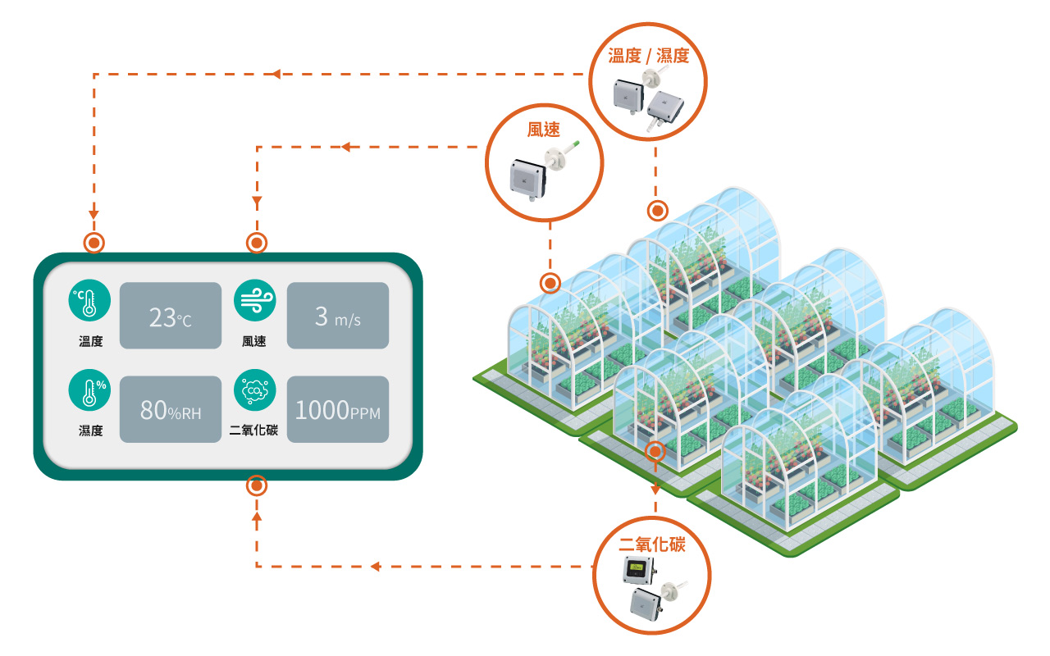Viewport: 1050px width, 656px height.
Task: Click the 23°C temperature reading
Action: click(171, 317)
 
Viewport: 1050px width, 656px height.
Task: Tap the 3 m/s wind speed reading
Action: click(337, 317)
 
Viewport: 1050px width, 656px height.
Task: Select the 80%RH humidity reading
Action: click(171, 410)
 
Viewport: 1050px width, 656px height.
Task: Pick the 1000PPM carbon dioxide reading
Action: click(337, 410)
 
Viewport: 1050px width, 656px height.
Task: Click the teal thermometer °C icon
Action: click(89, 299)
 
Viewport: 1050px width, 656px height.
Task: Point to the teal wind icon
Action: click(255, 299)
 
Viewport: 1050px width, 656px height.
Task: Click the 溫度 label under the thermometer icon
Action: click(90, 341)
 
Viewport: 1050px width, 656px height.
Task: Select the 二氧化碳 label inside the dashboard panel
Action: click(254, 430)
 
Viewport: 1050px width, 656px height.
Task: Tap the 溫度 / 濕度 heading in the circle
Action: click(648, 56)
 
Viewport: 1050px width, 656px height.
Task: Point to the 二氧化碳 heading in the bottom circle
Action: click(651, 544)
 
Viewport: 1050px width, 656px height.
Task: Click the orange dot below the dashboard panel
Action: click(257, 486)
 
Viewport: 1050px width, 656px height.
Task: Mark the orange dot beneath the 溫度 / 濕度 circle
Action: click(657, 211)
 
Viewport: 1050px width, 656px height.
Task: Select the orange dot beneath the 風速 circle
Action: click(550, 284)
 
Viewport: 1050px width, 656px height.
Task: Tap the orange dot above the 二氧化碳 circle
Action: click(655, 451)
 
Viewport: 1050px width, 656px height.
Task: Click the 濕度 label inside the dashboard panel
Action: click(90, 430)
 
